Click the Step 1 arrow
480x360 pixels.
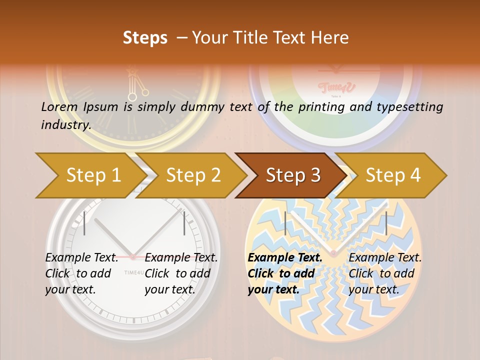pyautogui.click(x=92, y=175)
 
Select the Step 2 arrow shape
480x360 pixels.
pyautogui.click(x=193, y=175)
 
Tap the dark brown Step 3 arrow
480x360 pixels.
pyautogui.click(x=292, y=175)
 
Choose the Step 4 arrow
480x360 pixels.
pyautogui.click(x=393, y=175)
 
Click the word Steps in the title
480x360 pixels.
pyautogui.click(x=145, y=38)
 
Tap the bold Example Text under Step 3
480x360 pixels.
pyautogui.click(x=285, y=258)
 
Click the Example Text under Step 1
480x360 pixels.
pyautogui.click(x=81, y=258)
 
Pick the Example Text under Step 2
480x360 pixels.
pyautogui.click(x=181, y=258)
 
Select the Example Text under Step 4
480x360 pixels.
pyautogui.click(x=385, y=258)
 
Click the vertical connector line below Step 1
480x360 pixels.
pyautogui.click(x=84, y=223)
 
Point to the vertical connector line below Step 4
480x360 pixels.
pyautogui.click(x=386, y=223)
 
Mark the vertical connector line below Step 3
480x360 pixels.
pyautogui.click(x=285, y=223)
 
